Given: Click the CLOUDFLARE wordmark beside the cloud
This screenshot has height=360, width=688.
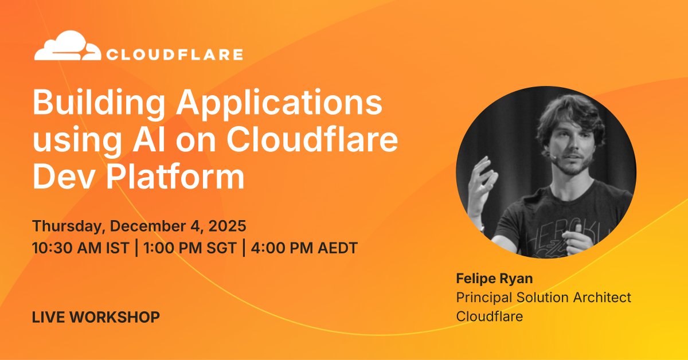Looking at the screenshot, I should pos(174,55).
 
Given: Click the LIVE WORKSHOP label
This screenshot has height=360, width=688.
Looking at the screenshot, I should pos(96,316).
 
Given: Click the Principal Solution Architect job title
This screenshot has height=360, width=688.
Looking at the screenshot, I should pos(544,298).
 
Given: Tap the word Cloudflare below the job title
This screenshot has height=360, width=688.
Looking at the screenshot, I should pos(489,316).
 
